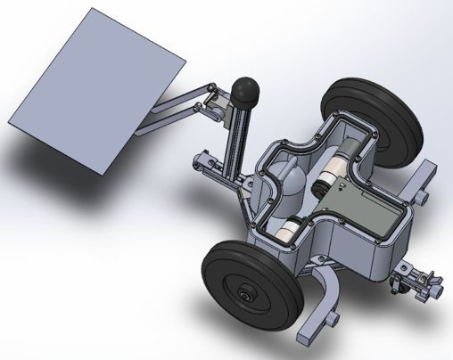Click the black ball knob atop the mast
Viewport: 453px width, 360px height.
(x=245, y=89)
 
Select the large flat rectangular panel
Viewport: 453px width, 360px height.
(x=98, y=89)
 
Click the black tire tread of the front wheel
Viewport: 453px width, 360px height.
(x=218, y=267)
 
